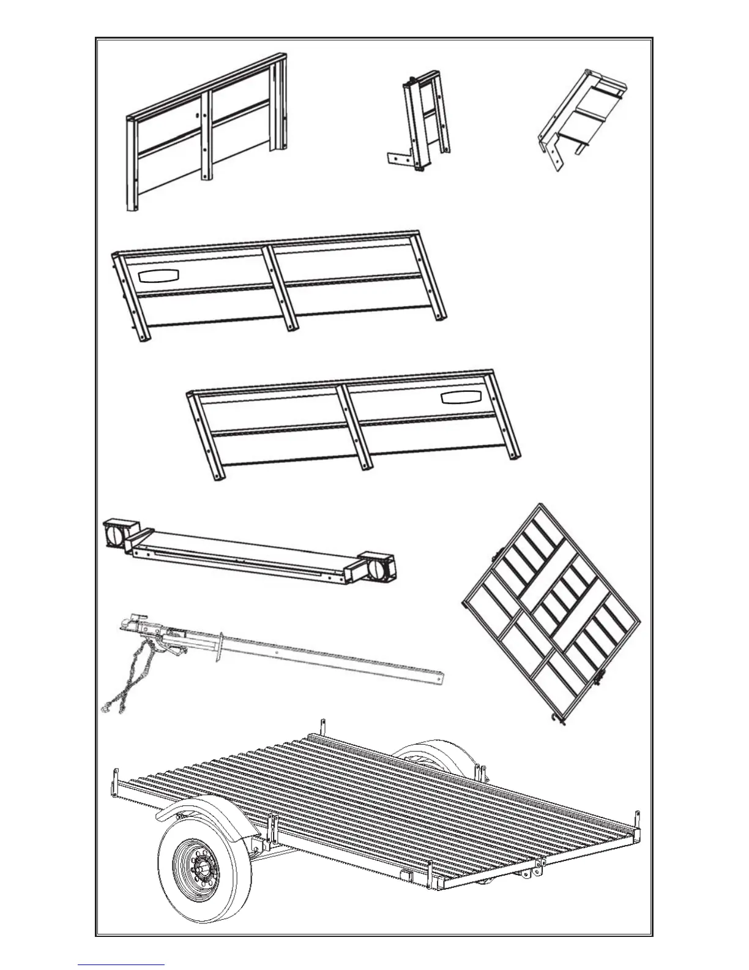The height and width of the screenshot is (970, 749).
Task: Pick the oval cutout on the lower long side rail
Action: pos(461,397)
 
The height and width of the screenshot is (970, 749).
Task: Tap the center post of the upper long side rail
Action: pos(281,288)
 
